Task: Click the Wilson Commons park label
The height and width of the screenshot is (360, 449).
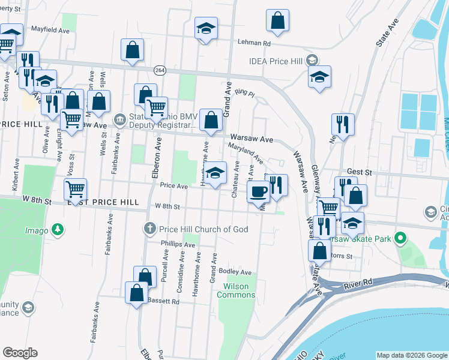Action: pyautogui.click(x=236, y=290)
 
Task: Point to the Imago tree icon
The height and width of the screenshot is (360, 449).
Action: pyautogui.click(x=58, y=229)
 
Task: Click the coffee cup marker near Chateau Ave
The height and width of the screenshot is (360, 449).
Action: pyautogui.click(x=258, y=191)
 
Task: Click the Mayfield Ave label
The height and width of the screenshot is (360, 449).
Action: pyautogui.click(x=48, y=28)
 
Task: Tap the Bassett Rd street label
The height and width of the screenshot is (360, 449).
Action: pyautogui.click(x=163, y=301)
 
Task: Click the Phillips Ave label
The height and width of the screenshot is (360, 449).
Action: pyautogui.click(x=178, y=244)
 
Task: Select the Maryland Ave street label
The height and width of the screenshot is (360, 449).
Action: pyautogui.click(x=245, y=153)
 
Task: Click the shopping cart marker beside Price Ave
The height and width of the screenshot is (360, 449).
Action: pyautogui.click(x=76, y=189)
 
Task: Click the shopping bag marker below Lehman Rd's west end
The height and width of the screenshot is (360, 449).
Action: pyautogui.click(x=132, y=50)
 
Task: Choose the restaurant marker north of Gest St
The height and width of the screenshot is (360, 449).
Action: pyautogui.click(x=343, y=125)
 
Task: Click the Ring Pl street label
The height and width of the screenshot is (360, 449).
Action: pyautogui.click(x=245, y=94)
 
